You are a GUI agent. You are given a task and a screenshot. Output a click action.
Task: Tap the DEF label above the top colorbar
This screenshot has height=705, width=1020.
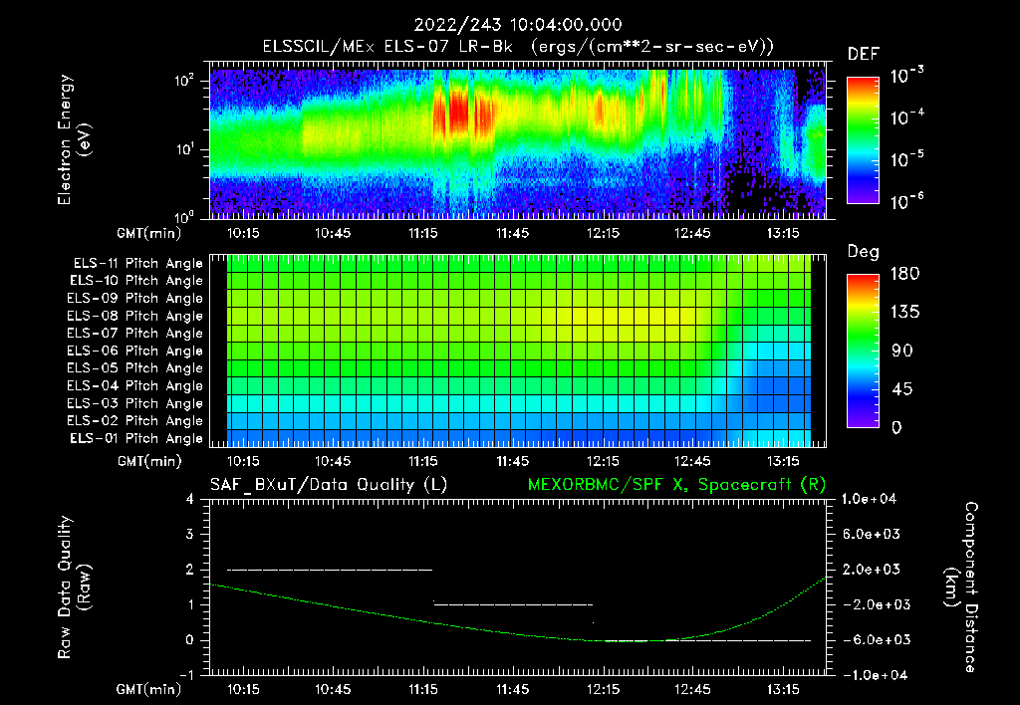tap(863, 54)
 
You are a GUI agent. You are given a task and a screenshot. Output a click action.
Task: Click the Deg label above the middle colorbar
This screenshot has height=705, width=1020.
tap(862, 252)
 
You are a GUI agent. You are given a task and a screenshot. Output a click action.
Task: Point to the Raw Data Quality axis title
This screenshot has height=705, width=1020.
tap(74, 587)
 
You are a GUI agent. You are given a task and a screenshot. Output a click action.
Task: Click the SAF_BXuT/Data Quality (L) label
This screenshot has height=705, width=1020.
tap(328, 484)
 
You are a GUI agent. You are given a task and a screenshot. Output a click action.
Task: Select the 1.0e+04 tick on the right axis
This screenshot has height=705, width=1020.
tap(872, 499)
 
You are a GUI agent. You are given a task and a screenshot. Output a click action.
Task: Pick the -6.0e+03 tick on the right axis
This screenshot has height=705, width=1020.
tap(872, 640)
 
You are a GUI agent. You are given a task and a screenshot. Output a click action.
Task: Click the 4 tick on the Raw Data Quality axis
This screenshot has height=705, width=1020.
tap(189, 499)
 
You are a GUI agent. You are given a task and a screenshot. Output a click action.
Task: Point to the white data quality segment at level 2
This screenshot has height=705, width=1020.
tap(330, 570)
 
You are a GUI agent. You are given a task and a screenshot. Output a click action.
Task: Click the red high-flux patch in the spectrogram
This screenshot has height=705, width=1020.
tap(457, 112)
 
